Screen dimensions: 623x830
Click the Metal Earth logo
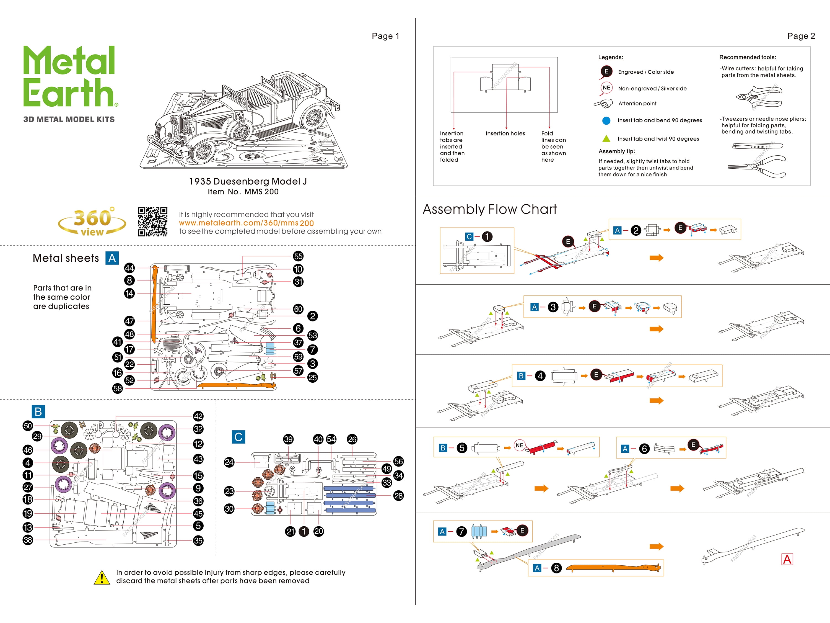69,77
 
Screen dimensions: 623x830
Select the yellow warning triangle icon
101,578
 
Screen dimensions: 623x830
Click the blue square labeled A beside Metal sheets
112,258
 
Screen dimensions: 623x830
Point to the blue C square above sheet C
238,437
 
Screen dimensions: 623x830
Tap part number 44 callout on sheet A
129,268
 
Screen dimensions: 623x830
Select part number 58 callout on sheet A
118,388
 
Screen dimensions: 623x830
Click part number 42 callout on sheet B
198,416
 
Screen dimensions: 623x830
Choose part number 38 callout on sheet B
28,540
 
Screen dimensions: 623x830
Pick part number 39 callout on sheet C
288,439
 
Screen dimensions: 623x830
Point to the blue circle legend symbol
606,120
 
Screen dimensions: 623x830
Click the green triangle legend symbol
606,138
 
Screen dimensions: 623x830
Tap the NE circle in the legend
606,88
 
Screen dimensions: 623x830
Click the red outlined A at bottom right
787,559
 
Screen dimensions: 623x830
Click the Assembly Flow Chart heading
490,209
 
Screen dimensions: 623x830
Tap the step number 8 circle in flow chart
556,568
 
